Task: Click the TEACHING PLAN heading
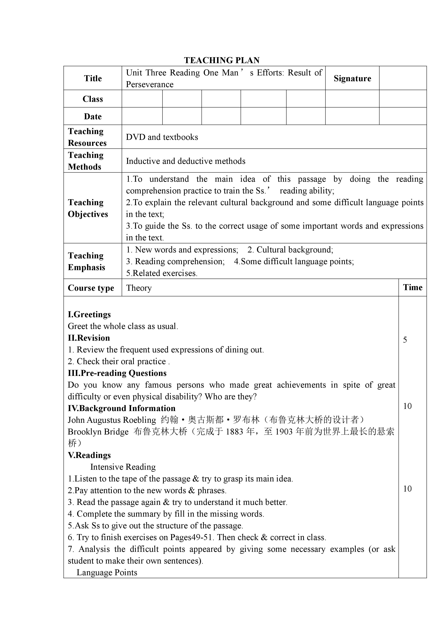coord(222,60)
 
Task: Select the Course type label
coord(91,288)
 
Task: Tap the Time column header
coord(412,288)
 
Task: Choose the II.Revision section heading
coord(89,338)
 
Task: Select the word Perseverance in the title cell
coord(150,85)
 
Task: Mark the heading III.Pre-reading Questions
coord(117,373)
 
